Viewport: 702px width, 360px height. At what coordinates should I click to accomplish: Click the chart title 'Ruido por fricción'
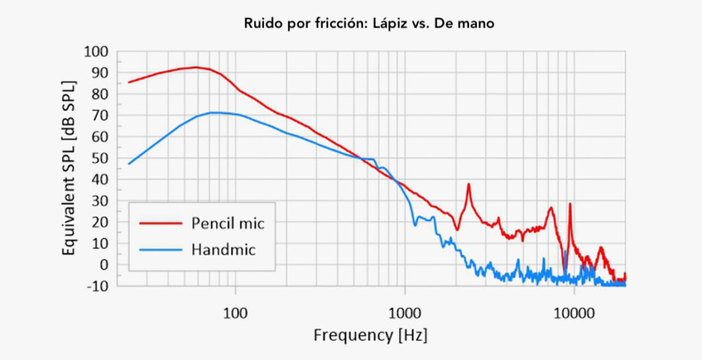[x=302, y=23]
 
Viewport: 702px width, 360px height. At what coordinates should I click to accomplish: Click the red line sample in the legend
[x=159, y=223]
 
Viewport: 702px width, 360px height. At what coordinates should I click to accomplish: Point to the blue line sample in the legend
[x=159, y=250]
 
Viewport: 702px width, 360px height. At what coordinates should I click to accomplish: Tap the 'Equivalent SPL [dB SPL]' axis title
[x=69, y=168]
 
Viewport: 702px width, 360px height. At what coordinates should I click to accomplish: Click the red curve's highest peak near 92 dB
[x=196, y=67]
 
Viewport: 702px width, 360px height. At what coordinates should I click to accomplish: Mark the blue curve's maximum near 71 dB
[x=215, y=112]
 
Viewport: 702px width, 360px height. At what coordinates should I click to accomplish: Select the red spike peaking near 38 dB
[x=469, y=184]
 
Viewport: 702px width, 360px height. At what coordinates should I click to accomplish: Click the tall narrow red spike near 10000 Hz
[x=570, y=204]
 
